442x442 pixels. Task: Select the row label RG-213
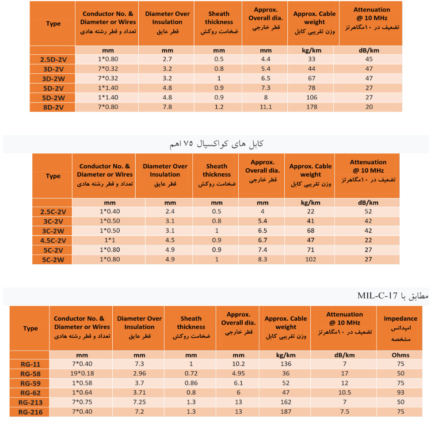(x=30, y=402)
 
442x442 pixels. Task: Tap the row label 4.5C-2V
(x=53, y=240)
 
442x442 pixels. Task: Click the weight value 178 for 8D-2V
(x=312, y=107)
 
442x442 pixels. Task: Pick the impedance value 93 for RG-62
(x=400, y=392)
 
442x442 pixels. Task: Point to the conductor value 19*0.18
(x=82, y=373)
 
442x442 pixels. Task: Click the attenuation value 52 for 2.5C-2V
(x=368, y=212)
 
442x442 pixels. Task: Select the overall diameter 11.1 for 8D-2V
(x=266, y=107)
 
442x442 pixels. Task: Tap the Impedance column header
(x=400, y=318)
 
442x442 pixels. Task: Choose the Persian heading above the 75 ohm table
(x=217, y=144)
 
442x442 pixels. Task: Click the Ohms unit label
(x=400, y=355)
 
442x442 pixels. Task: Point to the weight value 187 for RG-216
(x=286, y=412)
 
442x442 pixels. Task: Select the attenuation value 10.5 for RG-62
(x=344, y=392)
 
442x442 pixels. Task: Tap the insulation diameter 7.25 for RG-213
(x=139, y=402)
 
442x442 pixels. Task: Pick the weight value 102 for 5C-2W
(x=310, y=259)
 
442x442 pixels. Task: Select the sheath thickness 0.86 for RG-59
(x=191, y=383)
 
